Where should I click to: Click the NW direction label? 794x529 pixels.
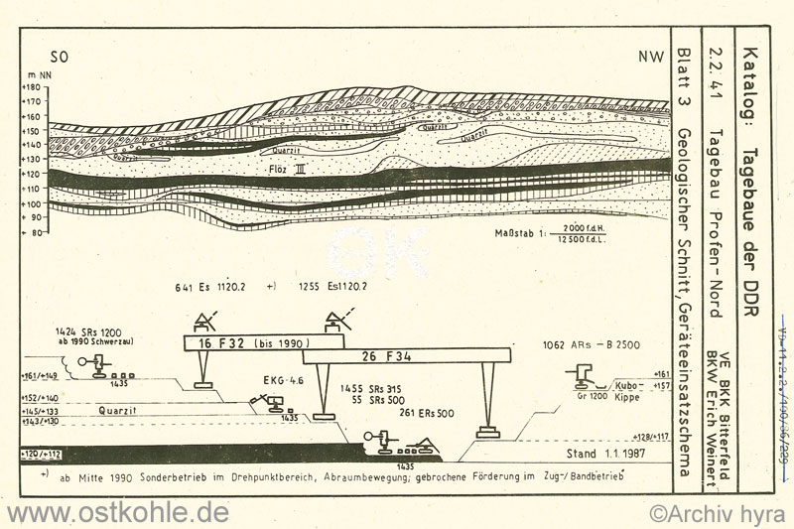pyautogui.click(x=652, y=58)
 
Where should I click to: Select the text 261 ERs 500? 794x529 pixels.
pyautogui.click(x=427, y=413)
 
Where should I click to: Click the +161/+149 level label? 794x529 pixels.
pyautogui.click(x=40, y=376)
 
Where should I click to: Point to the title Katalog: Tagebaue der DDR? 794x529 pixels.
pyautogui.click(x=749, y=184)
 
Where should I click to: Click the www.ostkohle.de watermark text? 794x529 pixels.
pyautogui.click(x=116, y=512)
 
